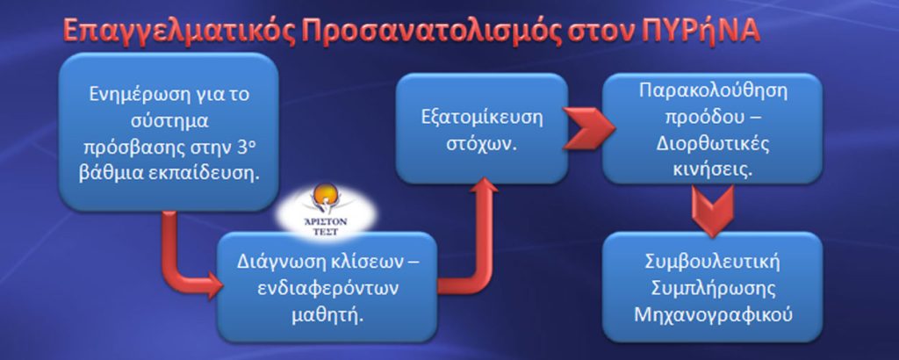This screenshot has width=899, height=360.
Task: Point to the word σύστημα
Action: pyautogui.click(x=169, y=123)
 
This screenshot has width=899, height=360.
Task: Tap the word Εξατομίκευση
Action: pyautogui.click(x=481, y=117)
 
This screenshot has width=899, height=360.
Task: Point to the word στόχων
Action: pyautogui.click(x=481, y=143)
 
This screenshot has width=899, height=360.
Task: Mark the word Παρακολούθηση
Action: pyautogui.click(x=711, y=91)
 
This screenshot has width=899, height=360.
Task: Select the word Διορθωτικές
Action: pyautogui.click(x=711, y=143)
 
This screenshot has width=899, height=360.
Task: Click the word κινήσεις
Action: pyautogui.click(x=711, y=169)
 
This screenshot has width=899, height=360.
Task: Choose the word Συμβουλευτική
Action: pyautogui.click(x=711, y=264)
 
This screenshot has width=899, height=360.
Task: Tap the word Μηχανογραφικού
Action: pyautogui.click(x=711, y=315)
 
